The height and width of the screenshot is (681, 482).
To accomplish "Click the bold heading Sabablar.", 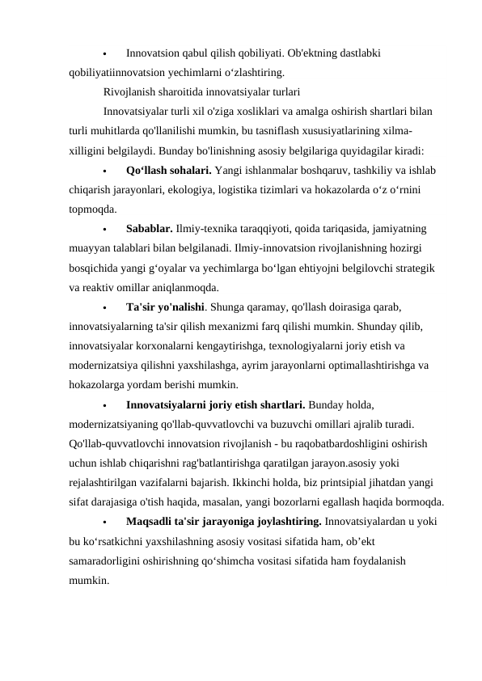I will pyautogui.click(x=149, y=229).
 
